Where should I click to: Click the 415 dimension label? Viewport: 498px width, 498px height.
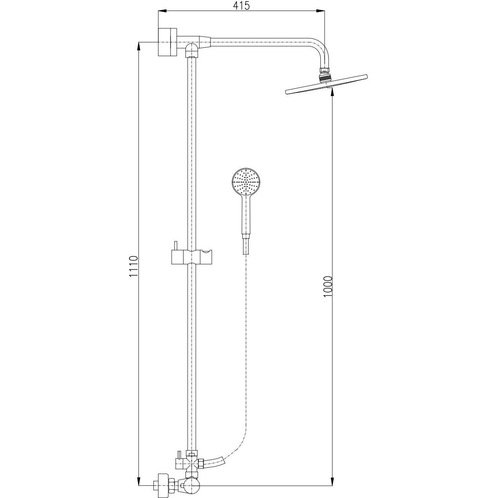click(x=242, y=5)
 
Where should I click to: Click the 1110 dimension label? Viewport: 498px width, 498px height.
click(x=133, y=270)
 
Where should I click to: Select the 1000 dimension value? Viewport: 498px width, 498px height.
click(x=327, y=287)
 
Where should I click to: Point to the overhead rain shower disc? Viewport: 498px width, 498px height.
click(x=326, y=84)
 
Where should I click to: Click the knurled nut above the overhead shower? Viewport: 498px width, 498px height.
click(x=325, y=78)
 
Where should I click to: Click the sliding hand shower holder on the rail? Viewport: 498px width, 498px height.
click(x=191, y=257)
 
